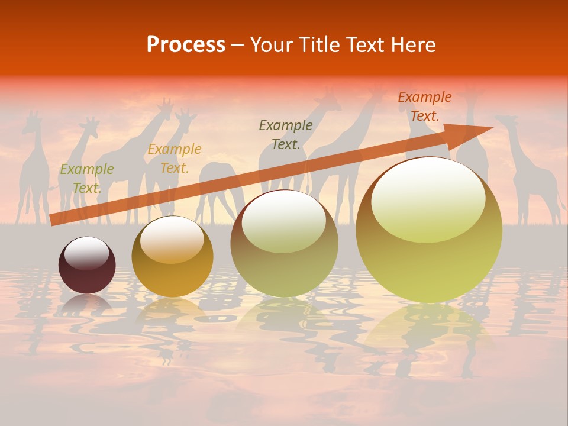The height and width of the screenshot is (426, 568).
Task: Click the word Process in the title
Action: pyautogui.click(x=186, y=45)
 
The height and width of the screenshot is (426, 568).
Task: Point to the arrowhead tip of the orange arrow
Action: pyautogui.click(x=492, y=127)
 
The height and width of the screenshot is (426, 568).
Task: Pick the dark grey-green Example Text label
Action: pyautogui.click(x=286, y=134)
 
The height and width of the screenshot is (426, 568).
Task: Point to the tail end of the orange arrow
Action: pyautogui.click(x=51, y=220)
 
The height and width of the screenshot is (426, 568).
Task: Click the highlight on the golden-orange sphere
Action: pyautogui.click(x=172, y=240)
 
